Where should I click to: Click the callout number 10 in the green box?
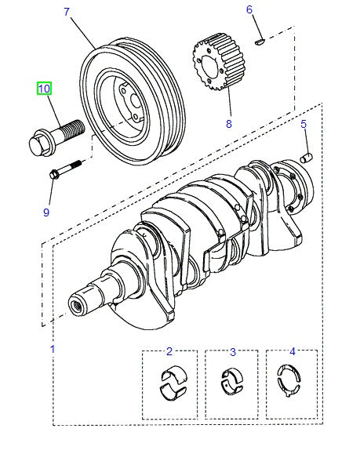(x=44, y=89)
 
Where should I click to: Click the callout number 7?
(x=66, y=12)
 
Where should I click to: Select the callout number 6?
(x=249, y=10)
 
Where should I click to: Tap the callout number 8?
(x=207, y=123)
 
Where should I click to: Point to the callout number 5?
(x=304, y=124)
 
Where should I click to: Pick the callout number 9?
(x=45, y=212)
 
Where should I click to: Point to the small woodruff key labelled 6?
(x=260, y=36)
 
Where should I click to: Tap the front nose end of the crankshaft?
(x=78, y=304)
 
